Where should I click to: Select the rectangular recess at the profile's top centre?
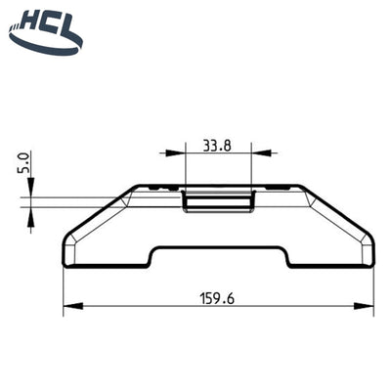[x=218, y=199]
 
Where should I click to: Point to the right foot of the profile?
[x=332, y=256]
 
